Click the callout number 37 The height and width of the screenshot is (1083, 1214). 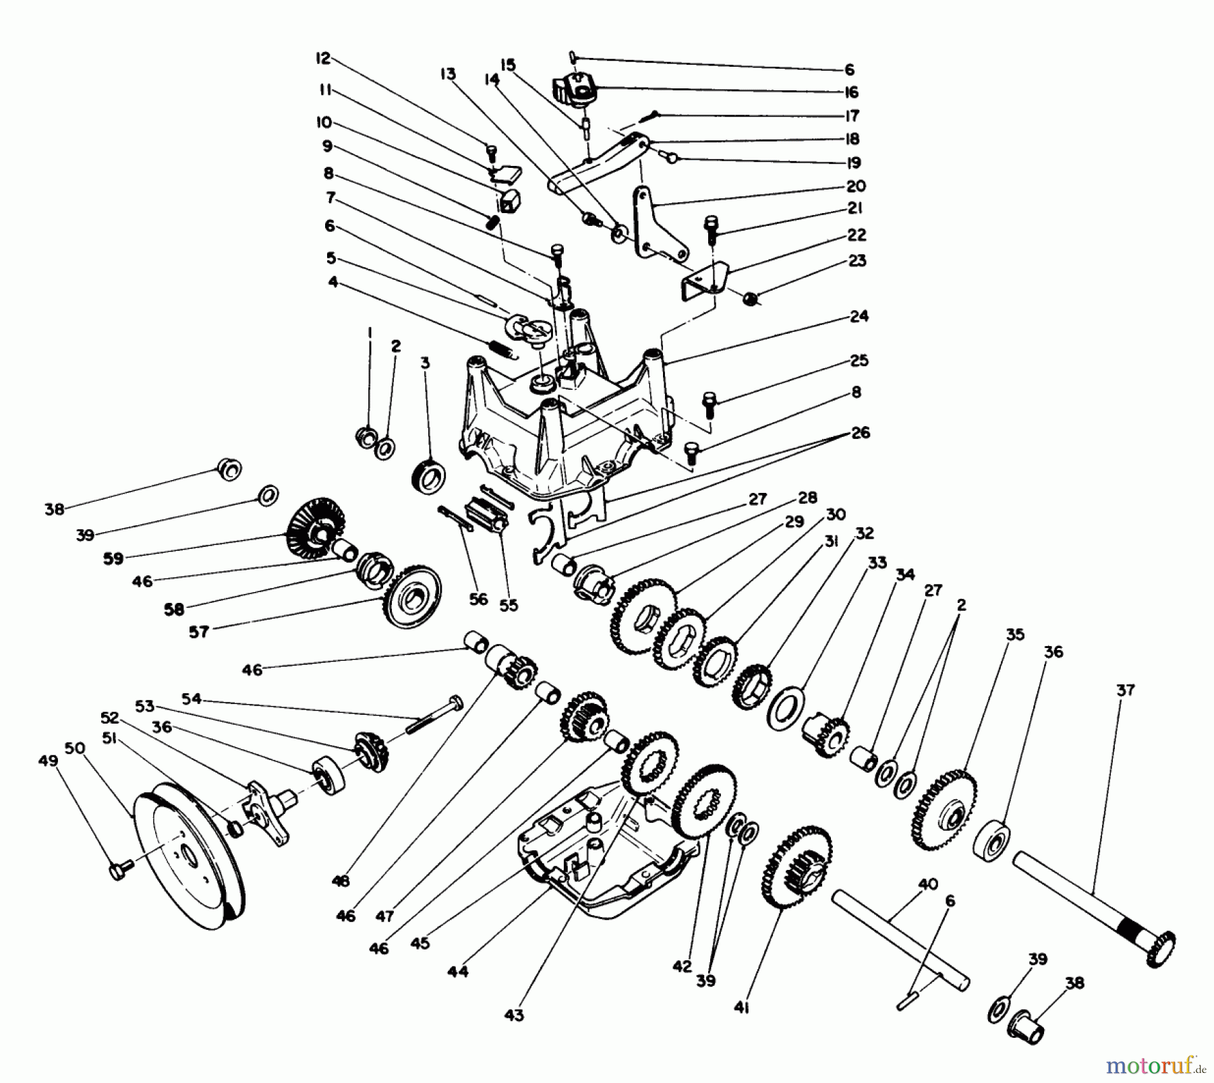(1126, 690)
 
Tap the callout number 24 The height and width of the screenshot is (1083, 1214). (859, 316)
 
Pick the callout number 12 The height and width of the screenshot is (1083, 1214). (323, 59)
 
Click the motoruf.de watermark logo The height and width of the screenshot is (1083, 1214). (1155, 1066)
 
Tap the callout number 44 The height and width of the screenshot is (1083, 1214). (457, 972)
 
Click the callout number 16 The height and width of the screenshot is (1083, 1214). (850, 92)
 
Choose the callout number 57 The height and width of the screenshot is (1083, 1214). (199, 632)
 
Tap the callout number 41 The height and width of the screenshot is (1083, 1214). (742, 1007)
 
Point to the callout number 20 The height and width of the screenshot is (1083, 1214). (856, 186)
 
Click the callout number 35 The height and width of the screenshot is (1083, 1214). (1015, 635)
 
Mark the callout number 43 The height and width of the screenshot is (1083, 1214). (514, 1015)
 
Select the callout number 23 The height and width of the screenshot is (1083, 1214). (857, 261)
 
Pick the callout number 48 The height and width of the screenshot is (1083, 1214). (341, 880)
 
